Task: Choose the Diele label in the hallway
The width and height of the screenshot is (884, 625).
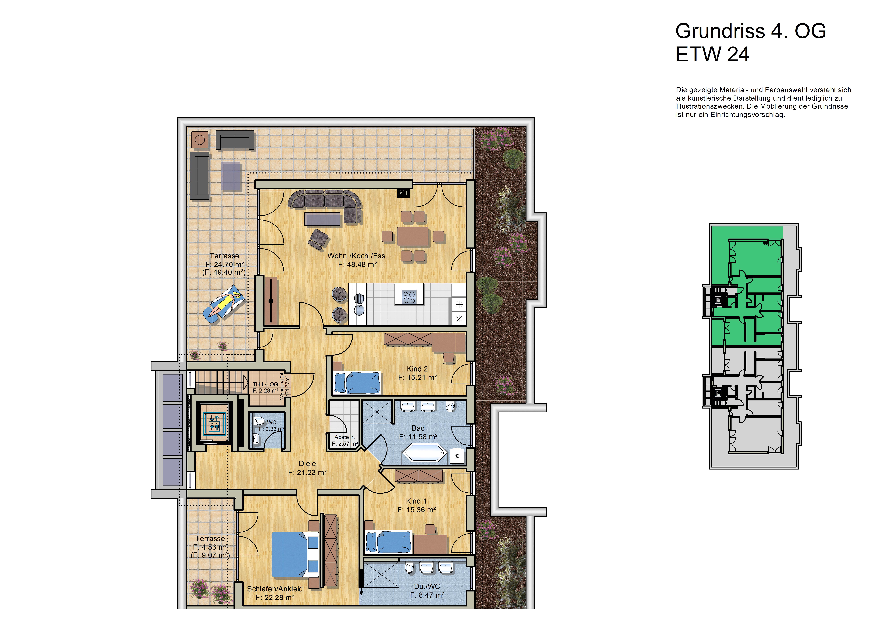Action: (x=307, y=464)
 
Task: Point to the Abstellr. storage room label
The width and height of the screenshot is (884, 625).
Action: (x=345, y=437)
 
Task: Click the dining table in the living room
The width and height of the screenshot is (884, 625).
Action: (x=413, y=236)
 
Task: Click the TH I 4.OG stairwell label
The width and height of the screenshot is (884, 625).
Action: (x=265, y=384)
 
